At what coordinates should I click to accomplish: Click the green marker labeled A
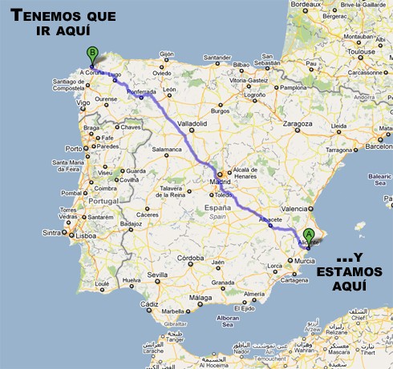309,235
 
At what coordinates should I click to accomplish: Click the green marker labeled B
91,54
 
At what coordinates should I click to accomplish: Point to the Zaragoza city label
296,124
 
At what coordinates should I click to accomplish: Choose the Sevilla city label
156,275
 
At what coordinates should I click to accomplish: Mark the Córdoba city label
190,258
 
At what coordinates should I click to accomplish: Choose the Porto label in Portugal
74,148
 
